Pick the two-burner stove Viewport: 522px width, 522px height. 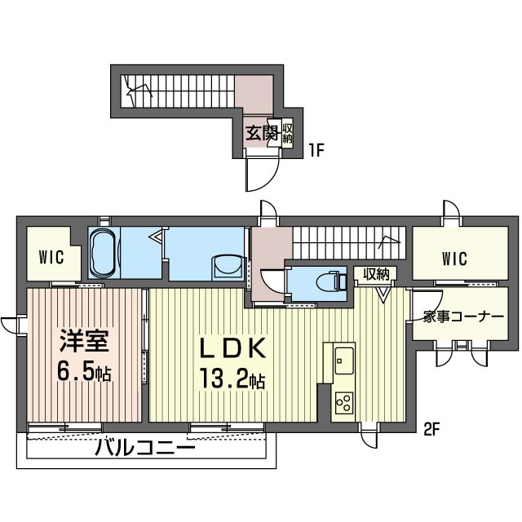pyautogui.click(x=343, y=402)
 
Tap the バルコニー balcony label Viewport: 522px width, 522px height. pyautogui.click(x=144, y=448)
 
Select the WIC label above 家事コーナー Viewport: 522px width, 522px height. pyautogui.click(x=454, y=259)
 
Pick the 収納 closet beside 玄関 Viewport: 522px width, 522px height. pyautogui.click(x=287, y=133)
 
